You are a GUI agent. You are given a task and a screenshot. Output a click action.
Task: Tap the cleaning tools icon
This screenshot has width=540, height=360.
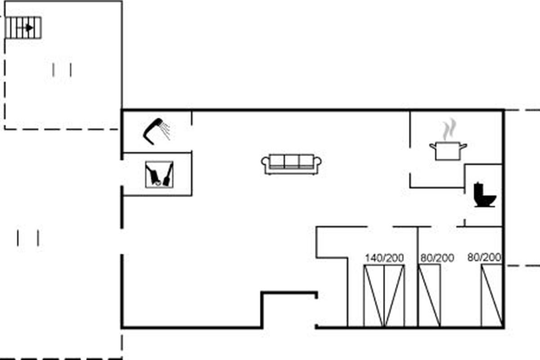coord(159,174)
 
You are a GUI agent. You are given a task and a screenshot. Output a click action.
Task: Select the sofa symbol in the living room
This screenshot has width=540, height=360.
coord(291,164)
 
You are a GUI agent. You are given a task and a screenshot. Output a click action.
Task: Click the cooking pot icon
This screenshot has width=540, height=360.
coord(448,151)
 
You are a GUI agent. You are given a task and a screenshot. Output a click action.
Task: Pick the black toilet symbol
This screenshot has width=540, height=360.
coord(485,195)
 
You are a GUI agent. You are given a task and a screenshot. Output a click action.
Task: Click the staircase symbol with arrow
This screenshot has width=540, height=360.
coord(23,27)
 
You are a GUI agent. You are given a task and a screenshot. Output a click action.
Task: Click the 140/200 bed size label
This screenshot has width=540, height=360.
coord(384,258)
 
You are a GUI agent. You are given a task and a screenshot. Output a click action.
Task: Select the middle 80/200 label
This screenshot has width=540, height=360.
coord(437,258)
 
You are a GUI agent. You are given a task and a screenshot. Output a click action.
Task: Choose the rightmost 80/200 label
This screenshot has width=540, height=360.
coord(484,257)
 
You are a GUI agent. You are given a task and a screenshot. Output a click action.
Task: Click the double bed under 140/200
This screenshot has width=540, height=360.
coord(384,296)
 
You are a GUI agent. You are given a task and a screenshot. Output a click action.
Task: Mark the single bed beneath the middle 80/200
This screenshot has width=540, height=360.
coord(430,296)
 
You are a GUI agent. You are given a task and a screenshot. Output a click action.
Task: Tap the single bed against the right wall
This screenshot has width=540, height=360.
coord(492,296)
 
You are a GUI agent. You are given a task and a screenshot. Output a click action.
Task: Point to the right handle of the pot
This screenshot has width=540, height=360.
coord(463,146)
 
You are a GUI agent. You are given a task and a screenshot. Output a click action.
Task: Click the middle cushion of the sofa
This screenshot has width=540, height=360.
coord(292,161)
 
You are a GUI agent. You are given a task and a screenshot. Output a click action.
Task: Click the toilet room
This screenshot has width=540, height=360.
coord(484,195)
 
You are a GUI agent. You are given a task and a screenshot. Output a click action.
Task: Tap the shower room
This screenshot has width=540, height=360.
coord(157,132)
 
